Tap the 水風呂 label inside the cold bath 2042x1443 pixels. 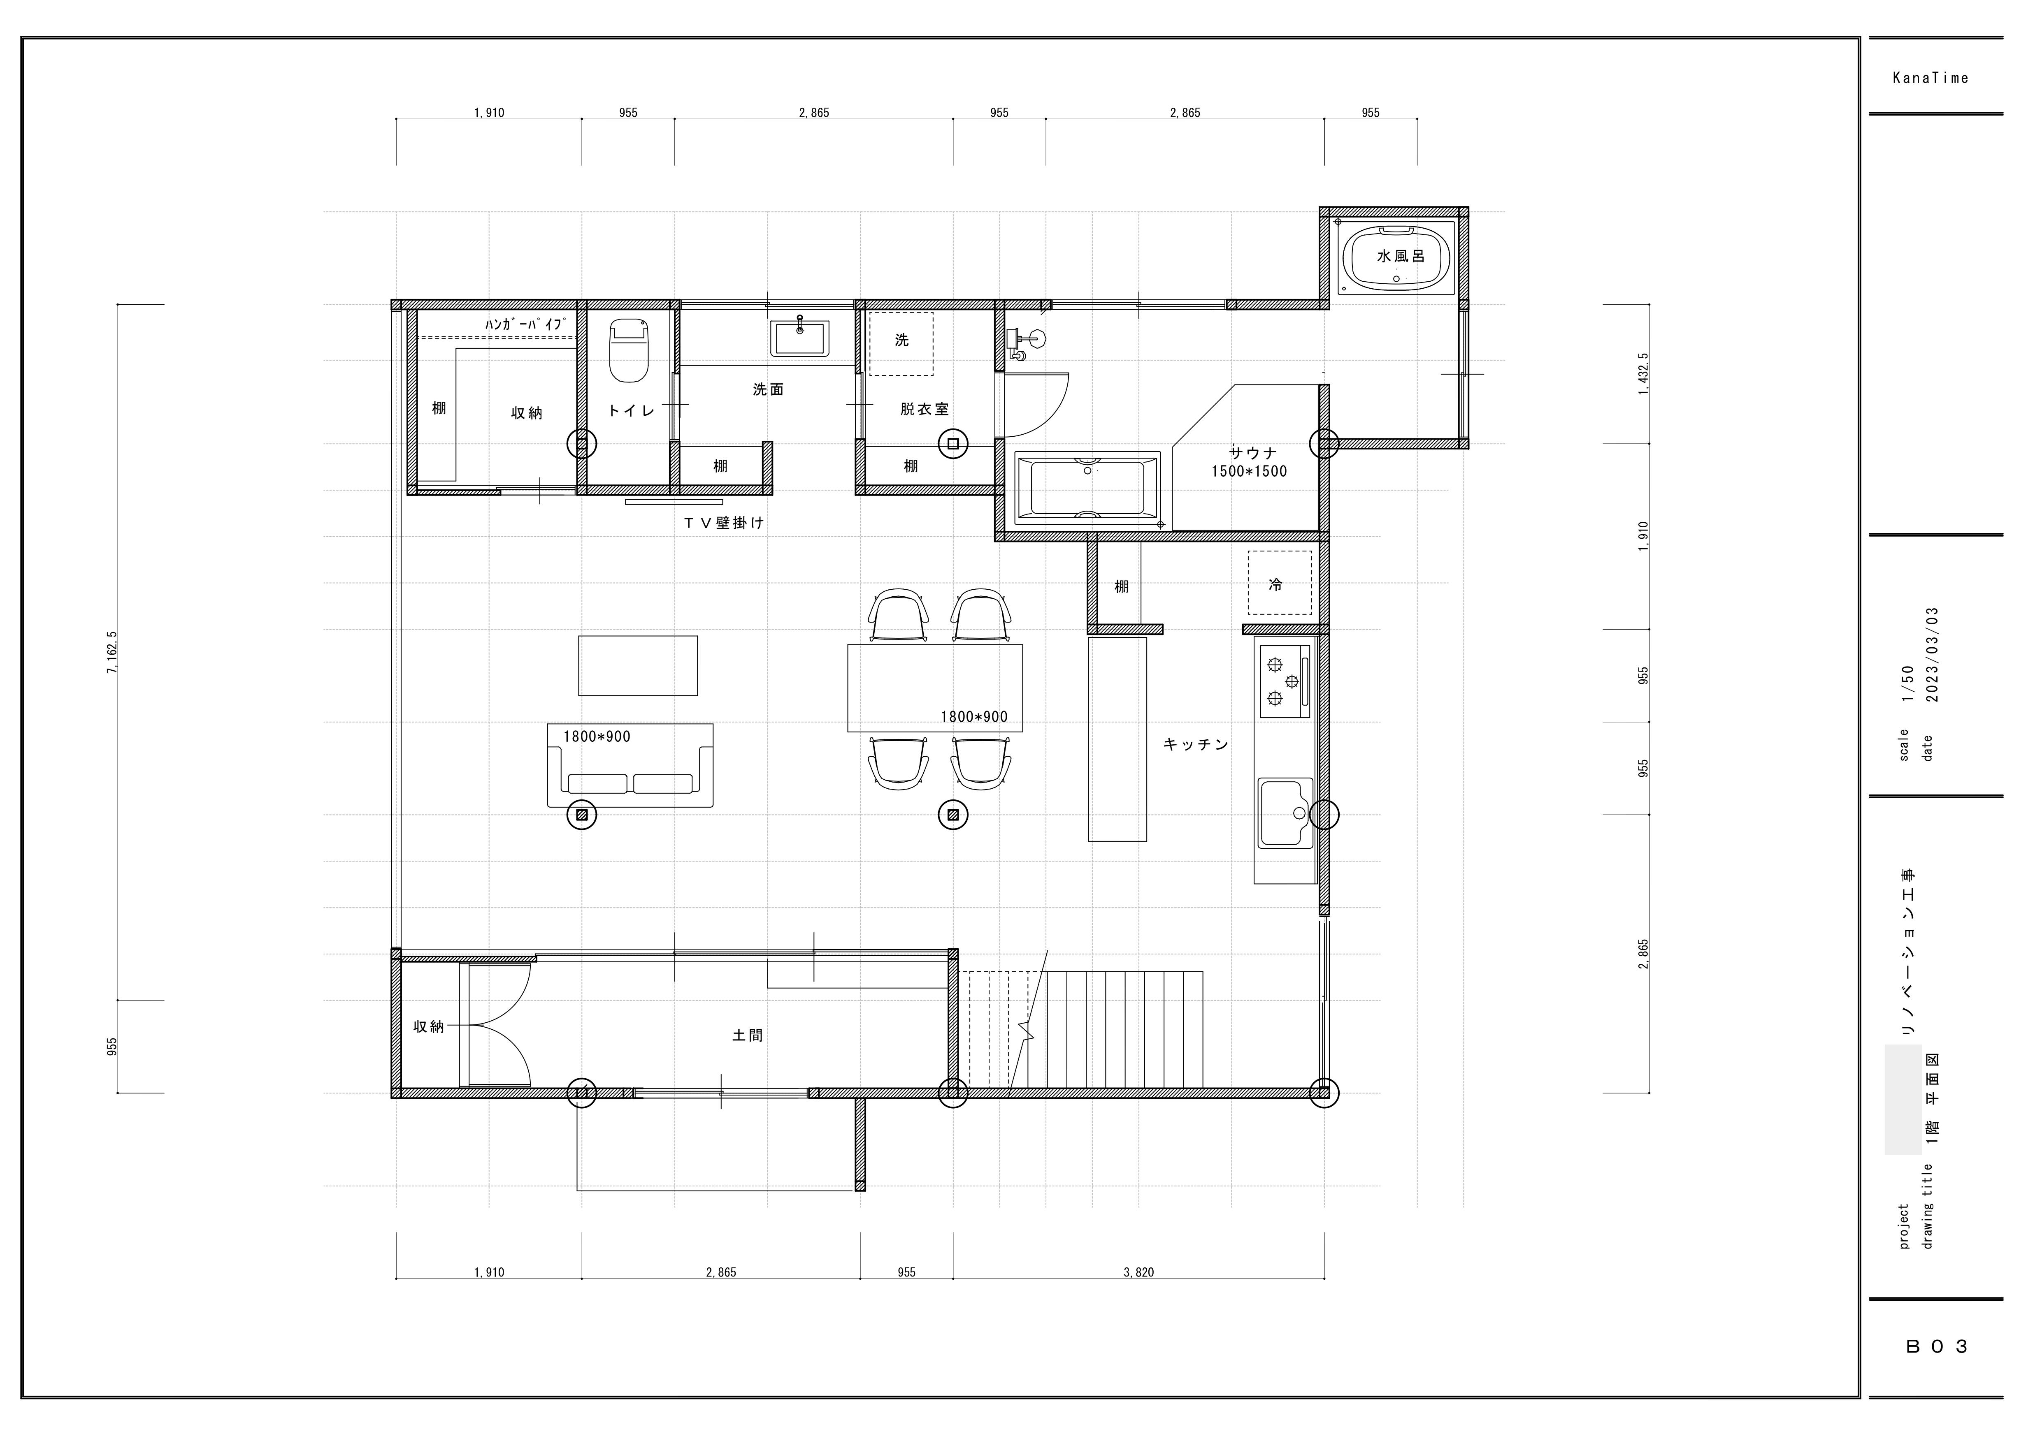(x=1401, y=256)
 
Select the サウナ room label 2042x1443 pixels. (x=1253, y=452)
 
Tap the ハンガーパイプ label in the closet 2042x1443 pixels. (x=525, y=324)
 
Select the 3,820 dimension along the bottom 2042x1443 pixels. (x=1138, y=1272)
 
